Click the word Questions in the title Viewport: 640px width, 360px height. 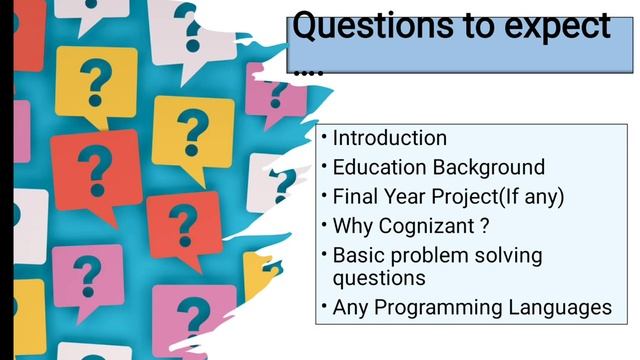coord(366,27)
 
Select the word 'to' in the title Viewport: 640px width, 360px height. coord(467,27)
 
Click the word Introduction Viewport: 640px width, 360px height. coord(389,138)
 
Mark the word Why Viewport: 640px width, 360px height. coord(355,225)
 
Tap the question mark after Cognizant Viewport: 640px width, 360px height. coord(484,225)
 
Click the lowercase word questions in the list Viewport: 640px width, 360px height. coord(379,277)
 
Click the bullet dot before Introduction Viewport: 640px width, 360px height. coord(323,134)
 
